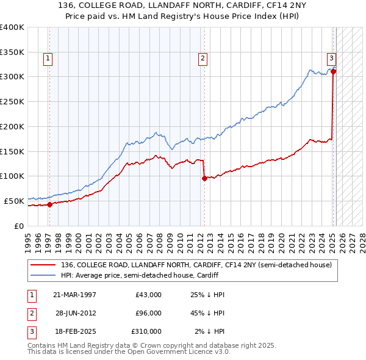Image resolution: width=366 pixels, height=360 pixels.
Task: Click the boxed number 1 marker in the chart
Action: [48, 59]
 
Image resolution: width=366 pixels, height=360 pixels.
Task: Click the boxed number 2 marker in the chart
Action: [202, 59]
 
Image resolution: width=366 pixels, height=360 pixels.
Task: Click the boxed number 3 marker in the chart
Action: [331, 59]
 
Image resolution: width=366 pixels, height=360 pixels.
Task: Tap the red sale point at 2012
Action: [204, 178]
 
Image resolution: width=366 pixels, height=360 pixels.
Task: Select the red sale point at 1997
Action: [50, 204]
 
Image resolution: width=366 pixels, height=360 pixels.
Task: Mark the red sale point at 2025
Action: [334, 71]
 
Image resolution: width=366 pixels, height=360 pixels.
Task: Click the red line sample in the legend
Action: [43, 265]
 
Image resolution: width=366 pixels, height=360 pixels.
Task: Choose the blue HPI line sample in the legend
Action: [43, 275]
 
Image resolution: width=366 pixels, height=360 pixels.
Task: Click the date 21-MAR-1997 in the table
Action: [74, 295]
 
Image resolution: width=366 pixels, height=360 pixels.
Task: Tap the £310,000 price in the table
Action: [146, 331]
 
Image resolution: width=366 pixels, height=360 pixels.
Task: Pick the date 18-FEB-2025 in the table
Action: [74, 331]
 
